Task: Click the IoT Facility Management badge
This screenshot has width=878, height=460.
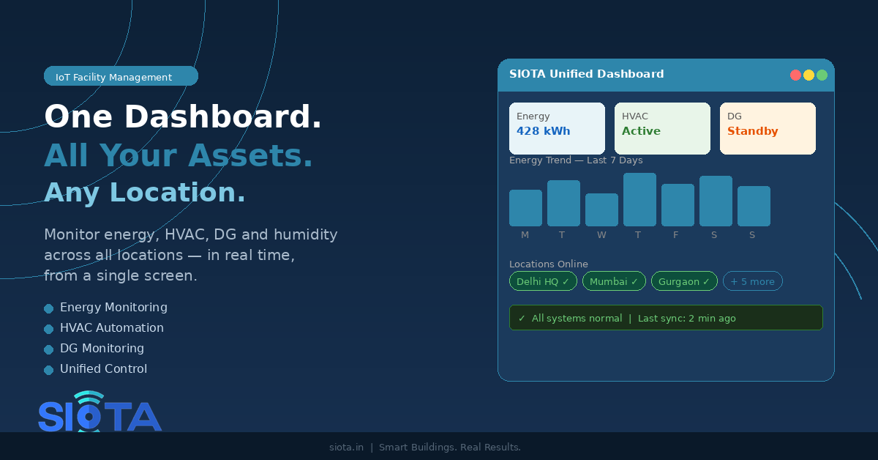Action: [121, 76]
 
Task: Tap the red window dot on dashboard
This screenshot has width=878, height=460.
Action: [795, 75]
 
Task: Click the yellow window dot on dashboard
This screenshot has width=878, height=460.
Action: [808, 75]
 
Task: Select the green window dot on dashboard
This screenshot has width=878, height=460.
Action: [822, 75]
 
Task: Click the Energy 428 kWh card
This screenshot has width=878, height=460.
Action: [557, 128]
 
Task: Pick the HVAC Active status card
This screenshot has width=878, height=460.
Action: [662, 128]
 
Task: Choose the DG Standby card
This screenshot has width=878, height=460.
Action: [768, 128]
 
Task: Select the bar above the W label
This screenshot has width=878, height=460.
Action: [601, 209]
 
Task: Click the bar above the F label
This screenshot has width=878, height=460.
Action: [678, 205]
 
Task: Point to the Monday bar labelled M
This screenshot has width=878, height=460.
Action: [525, 208]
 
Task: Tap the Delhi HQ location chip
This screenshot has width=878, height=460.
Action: [543, 281]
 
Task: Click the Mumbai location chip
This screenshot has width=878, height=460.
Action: [614, 281]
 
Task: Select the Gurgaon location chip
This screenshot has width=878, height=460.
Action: [684, 281]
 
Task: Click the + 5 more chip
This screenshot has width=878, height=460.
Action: [752, 281]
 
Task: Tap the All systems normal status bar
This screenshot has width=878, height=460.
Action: [666, 318]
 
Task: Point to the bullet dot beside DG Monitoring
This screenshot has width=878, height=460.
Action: [48, 349]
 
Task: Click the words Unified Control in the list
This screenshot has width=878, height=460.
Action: [103, 369]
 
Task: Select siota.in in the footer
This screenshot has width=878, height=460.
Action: [346, 447]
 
